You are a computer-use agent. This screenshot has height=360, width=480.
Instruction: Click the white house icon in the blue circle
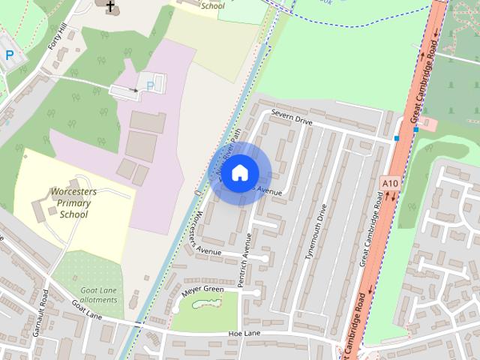[x=239, y=172]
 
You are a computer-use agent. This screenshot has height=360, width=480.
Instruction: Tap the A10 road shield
[x=389, y=183]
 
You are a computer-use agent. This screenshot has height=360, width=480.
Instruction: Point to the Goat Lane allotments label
[x=99, y=295]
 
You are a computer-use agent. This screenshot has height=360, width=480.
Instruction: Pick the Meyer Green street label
[x=202, y=289]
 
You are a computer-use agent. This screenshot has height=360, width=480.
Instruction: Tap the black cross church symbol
[x=111, y=7]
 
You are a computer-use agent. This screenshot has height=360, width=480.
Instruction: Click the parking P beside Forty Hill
[x=9, y=55]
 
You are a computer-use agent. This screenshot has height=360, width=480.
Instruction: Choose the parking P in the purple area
[x=150, y=86]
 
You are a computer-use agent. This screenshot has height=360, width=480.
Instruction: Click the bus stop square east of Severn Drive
[x=397, y=138]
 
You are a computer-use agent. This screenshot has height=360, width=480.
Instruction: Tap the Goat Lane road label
[x=86, y=310]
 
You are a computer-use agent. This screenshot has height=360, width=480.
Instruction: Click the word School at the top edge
[x=213, y=5]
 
